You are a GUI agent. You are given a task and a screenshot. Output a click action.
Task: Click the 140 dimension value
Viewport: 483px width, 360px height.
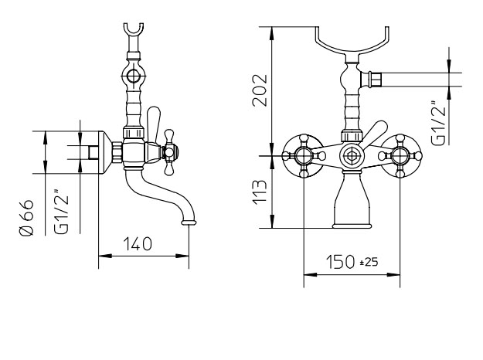pos(138,244)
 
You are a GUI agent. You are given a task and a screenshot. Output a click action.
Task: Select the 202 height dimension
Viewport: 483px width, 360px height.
pos(260,90)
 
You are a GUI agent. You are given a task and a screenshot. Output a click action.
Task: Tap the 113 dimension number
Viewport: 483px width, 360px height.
pos(260,193)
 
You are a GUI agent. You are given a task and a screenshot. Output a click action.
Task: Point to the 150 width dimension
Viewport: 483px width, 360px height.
pos(340,262)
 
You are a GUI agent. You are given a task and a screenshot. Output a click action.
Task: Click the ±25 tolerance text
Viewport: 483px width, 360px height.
pos(369,262)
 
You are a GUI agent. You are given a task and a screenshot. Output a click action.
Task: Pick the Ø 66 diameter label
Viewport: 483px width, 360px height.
pos(26,217)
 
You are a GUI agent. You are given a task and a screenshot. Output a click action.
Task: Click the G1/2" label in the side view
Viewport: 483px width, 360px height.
pos(61,211)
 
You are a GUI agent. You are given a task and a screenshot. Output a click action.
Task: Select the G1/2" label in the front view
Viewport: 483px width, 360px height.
pos(438,123)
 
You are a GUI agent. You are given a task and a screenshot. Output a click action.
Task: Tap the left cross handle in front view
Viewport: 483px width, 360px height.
pos(304,156)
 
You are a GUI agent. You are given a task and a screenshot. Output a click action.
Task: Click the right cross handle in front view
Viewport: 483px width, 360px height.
pos(400,156)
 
